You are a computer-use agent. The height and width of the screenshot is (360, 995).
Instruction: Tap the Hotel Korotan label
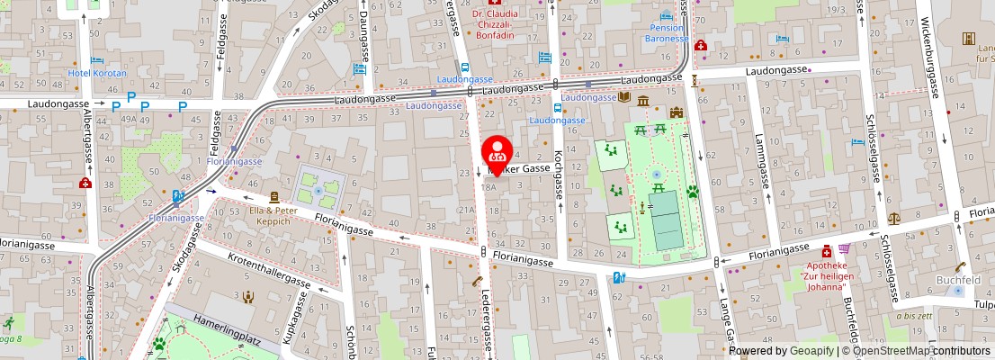[97, 73]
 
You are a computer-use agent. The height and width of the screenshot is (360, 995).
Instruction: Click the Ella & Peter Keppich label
[273, 215]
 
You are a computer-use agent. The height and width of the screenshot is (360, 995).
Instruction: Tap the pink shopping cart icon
[844, 249]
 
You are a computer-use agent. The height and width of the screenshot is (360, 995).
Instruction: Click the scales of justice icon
[893, 218]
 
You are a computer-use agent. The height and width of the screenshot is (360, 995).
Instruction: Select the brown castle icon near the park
[676, 112]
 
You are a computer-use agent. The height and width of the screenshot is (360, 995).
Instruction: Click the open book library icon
[624, 97]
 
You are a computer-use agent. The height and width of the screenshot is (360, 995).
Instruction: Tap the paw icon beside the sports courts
[693, 192]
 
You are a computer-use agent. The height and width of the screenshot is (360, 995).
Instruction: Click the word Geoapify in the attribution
[812, 351]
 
